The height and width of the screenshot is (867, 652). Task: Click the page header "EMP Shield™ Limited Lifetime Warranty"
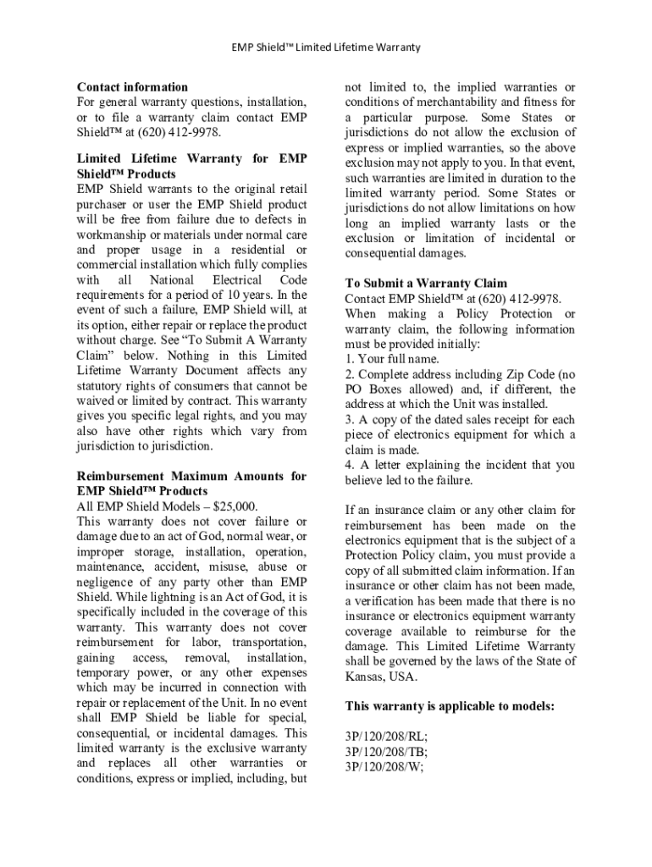point(326,47)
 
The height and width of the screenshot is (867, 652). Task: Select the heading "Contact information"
point(132,87)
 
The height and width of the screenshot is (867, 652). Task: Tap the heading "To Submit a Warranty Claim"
point(426,284)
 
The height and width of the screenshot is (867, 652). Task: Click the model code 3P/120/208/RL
point(385,737)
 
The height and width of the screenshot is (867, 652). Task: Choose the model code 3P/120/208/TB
point(385,752)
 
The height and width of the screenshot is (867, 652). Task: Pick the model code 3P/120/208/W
point(383,767)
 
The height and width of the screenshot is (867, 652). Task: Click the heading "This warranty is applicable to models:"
point(450,706)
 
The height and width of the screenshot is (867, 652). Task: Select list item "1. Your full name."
point(392,360)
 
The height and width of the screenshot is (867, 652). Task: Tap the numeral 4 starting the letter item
point(349,465)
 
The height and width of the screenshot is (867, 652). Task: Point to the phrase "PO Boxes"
point(369,389)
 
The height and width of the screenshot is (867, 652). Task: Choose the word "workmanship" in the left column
point(119,235)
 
